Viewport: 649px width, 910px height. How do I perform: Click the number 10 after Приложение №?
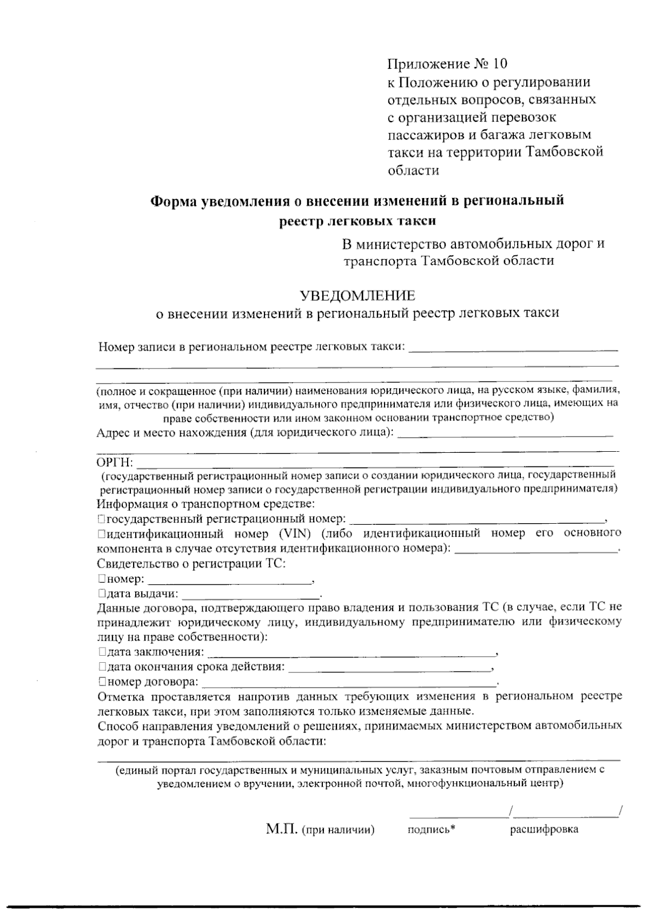point(501,64)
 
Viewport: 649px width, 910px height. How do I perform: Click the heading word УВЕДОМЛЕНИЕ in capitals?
point(357,295)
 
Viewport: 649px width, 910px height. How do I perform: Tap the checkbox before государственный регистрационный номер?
point(101,519)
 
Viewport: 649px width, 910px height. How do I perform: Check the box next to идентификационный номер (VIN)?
point(101,534)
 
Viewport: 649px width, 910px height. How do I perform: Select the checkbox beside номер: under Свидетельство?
point(101,579)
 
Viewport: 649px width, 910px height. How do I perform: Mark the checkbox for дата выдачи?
point(101,594)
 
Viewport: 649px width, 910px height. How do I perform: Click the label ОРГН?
point(114,463)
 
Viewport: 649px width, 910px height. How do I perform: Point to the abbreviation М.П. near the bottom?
point(282,829)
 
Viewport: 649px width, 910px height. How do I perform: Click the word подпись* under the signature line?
point(432,830)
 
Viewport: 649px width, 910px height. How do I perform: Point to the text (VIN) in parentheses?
point(295,534)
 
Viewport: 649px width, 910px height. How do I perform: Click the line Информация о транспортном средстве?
point(206,504)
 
